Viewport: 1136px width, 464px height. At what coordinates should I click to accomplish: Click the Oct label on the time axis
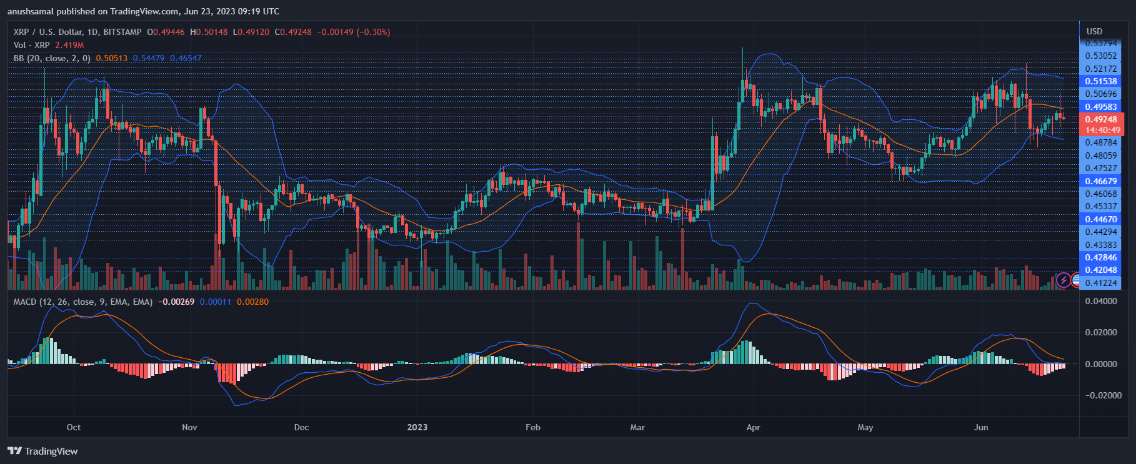[x=74, y=427]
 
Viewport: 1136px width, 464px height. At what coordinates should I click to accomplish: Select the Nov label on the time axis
[x=189, y=427]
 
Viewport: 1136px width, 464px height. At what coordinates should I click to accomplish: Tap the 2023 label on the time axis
[x=417, y=427]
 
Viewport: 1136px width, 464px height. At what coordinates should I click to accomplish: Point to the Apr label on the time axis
[x=753, y=427]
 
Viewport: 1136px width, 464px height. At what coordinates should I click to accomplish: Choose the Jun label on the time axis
[x=981, y=427]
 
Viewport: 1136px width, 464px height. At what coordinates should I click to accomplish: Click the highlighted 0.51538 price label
[x=1101, y=81]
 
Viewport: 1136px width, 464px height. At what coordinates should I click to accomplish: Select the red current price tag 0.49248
[x=1101, y=119]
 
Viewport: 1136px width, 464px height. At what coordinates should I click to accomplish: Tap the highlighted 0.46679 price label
[x=1101, y=181]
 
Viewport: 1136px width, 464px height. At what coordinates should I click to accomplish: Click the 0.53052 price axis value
[x=1101, y=56]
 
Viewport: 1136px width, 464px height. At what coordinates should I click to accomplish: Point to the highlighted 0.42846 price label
[x=1101, y=257]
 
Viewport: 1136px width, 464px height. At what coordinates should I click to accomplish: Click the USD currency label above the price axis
[x=1094, y=31]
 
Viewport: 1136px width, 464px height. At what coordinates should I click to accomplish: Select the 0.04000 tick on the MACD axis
[x=1101, y=301]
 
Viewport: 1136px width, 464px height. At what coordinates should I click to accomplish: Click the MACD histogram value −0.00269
[x=176, y=302]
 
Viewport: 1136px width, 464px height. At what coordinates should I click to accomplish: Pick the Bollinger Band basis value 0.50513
[x=111, y=58]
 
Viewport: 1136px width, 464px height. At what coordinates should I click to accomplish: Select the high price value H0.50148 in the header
[x=209, y=32]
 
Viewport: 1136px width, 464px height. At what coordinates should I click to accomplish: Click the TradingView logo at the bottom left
[x=42, y=451]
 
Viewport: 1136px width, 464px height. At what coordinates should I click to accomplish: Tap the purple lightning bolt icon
[x=1064, y=280]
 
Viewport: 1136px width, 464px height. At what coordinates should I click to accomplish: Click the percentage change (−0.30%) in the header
[x=373, y=32]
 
